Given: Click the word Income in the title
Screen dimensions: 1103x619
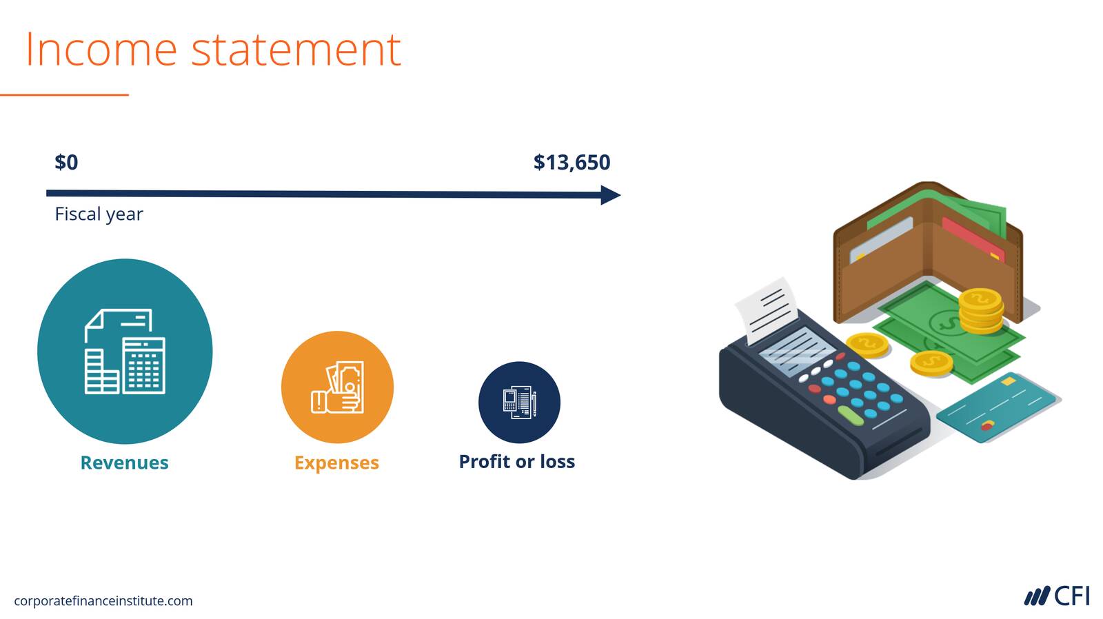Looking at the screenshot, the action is (x=101, y=49).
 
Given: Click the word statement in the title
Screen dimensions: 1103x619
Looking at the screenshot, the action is (x=296, y=50).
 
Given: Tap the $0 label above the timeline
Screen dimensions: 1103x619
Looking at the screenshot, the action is (x=66, y=163).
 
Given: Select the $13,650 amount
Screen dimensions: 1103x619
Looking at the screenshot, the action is (x=571, y=163).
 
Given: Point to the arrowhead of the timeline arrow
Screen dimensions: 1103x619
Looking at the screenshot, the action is (x=611, y=195).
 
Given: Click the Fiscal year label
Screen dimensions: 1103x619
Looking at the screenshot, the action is (x=99, y=214).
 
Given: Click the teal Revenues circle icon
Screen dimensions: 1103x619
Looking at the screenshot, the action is (x=125, y=351).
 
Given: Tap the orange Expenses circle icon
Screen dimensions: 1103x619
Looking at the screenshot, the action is (x=337, y=387).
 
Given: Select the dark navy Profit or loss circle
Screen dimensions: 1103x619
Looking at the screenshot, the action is (x=519, y=403).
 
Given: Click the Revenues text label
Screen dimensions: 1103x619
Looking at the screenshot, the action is (x=125, y=463).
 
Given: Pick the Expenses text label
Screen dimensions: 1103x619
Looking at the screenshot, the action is (x=337, y=463).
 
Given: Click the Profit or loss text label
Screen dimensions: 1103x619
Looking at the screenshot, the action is (x=517, y=461).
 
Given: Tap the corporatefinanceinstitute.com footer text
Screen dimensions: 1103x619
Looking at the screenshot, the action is (x=103, y=601).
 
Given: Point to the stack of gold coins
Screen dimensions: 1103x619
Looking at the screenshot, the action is (x=980, y=312).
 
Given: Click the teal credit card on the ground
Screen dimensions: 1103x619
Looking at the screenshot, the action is (x=997, y=407).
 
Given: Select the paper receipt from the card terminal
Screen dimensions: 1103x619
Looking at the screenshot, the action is (x=766, y=310).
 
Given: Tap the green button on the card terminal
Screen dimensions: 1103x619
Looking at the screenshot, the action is (x=851, y=416).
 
